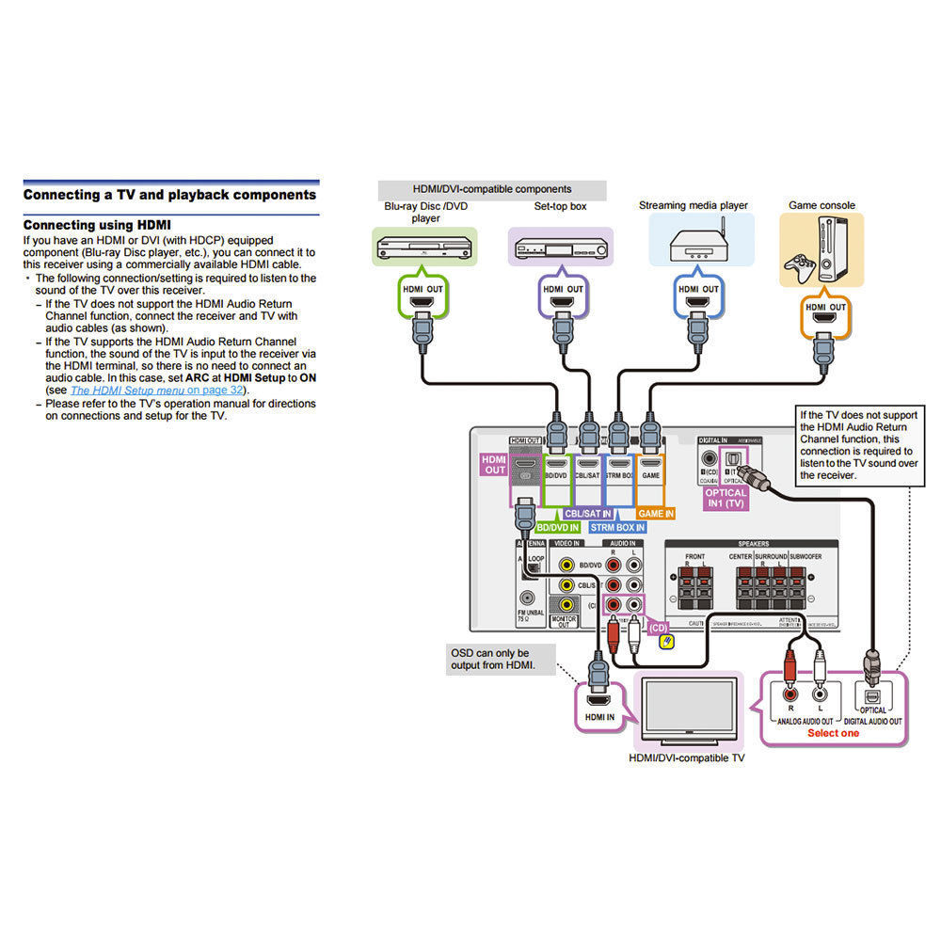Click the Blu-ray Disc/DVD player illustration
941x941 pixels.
(424, 248)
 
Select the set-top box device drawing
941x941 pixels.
(560, 248)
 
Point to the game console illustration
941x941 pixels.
(821, 249)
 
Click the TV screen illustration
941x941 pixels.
(688, 708)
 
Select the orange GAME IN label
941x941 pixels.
(655, 514)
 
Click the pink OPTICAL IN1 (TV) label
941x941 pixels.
(726, 499)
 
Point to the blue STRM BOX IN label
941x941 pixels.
(618, 528)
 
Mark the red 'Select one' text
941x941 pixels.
(833, 733)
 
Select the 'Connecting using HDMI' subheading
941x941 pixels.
(97, 225)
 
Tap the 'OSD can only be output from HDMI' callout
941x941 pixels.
(490, 660)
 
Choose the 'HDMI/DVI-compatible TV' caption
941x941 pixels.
(686, 758)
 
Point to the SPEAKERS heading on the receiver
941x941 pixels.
(753, 543)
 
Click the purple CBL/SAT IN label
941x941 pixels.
(588, 514)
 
